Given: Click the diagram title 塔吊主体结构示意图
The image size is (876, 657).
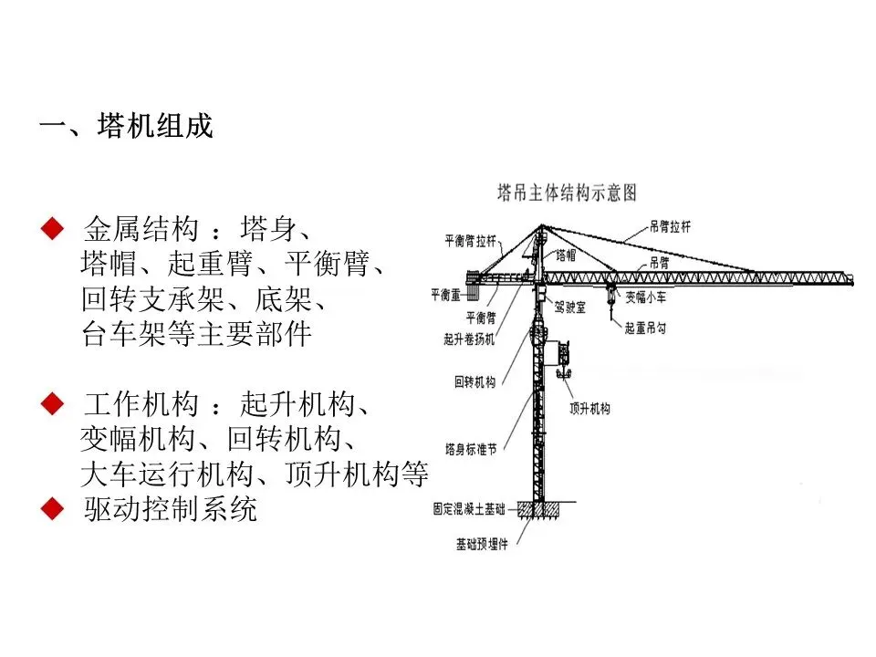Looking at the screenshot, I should tap(566, 193).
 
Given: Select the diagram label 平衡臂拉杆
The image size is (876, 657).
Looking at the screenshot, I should tap(470, 242).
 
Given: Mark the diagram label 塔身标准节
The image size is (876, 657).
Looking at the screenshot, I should tap(471, 449).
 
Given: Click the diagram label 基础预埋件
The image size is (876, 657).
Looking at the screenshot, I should tap(482, 545).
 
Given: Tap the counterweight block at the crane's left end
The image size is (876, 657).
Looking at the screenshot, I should tap(474, 276).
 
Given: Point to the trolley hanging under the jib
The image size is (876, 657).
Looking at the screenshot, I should tap(609, 290).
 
